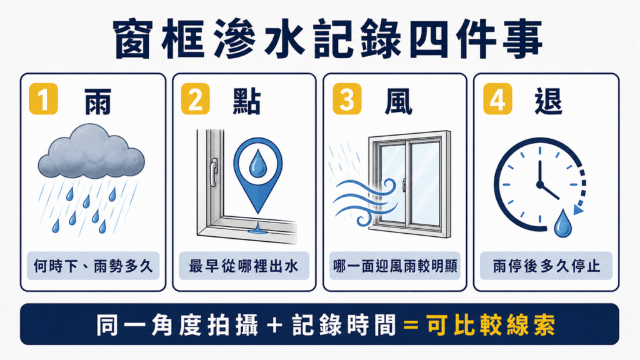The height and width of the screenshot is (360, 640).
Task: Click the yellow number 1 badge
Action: click(x=44, y=99)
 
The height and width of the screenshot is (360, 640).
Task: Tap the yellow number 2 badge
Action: click(x=195, y=99)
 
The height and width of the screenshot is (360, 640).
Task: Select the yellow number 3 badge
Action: click(x=347, y=99)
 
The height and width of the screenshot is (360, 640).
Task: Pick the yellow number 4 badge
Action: click(x=497, y=99)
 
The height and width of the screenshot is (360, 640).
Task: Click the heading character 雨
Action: click(x=98, y=101)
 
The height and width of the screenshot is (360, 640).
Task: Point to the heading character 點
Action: click(x=247, y=101)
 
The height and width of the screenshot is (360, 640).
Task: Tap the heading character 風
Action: click(x=398, y=101)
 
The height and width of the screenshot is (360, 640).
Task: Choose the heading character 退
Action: click(x=549, y=101)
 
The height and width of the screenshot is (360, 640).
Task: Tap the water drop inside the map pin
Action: click(x=257, y=164)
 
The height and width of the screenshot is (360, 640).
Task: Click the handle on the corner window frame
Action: click(x=214, y=172)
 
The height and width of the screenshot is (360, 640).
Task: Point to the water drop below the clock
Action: click(x=562, y=224)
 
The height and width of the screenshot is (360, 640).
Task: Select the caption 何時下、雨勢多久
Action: click(x=93, y=266)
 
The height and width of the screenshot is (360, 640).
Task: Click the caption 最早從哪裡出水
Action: click(x=244, y=266)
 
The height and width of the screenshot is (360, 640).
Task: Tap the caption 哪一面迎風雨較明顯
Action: click(x=395, y=266)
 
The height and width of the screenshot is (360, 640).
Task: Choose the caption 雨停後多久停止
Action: click(x=546, y=266)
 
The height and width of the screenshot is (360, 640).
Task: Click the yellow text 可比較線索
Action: click(x=491, y=325)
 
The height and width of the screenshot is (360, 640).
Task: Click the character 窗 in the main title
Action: click(x=134, y=39)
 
